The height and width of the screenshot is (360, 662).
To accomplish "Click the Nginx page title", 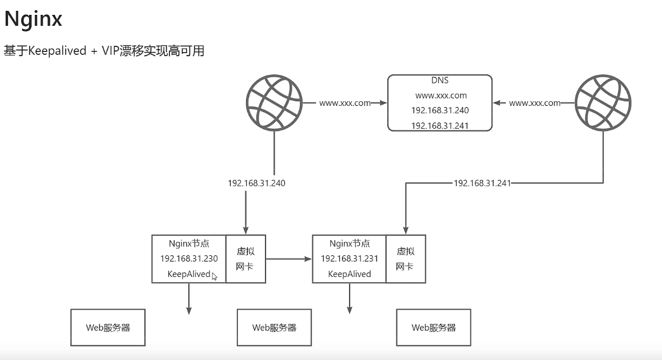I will pyautogui.click(x=33, y=19).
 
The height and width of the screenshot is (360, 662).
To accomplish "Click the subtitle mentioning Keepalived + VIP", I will pyautogui.click(x=104, y=51).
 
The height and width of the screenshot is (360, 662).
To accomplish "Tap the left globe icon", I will pyautogui.click(x=275, y=103).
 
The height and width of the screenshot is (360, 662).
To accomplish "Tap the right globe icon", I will pyautogui.click(x=603, y=103).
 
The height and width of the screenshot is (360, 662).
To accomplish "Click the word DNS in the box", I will pyautogui.click(x=439, y=81).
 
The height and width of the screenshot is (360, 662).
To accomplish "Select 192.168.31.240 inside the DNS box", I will pyautogui.click(x=440, y=110).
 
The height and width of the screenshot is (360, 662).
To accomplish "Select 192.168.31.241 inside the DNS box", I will pyautogui.click(x=440, y=125).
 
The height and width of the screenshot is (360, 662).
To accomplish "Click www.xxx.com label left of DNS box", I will pyautogui.click(x=345, y=103).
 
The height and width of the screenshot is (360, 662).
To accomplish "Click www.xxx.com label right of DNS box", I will pyautogui.click(x=534, y=103).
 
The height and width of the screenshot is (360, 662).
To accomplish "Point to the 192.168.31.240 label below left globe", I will pyautogui.click(x=256, y=183).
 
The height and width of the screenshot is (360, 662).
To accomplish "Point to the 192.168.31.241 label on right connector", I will pyautogui.click(x=482, y=183).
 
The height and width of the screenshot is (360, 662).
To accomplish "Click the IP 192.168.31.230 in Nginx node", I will pyautogui.click(x=189, y=259).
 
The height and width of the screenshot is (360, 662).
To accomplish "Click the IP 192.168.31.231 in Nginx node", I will pyautogui.click(x=350, y=259).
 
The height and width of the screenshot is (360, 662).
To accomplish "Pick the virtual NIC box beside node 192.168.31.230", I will pyautogui.click(x=245, y=259).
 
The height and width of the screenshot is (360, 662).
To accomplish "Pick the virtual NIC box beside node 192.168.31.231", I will pyautogui.click(x=406, y=259).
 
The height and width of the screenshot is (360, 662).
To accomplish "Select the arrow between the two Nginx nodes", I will pyautogui.click(x=289, y=259).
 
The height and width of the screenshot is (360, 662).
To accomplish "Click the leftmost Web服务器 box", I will pyautogui.click(x=108, y=327).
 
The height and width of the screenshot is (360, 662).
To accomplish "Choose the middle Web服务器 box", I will pyautogui.click(x=274, y=327).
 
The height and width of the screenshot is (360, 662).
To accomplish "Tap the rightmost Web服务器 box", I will pyautogui.click(x=434, y=327).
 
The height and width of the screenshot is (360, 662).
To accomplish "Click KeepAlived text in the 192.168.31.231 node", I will pyautogui.click(x=350, y=274).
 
